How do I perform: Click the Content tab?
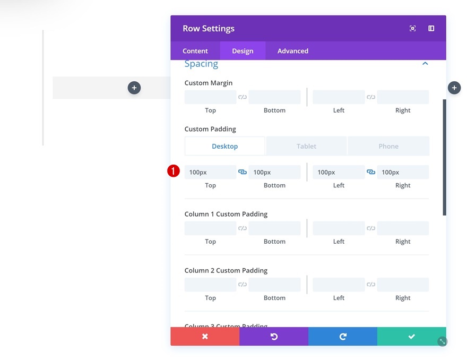[x=195, y=51]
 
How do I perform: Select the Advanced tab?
[x=292, y=51]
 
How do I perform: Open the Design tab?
[x=243, y=51]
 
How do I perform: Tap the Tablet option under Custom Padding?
[x=306, y=146]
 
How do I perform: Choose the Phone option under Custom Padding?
[x=388, y=146]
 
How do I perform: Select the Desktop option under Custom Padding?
[x=224, y=146]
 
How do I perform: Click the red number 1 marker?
[x=174, y=172]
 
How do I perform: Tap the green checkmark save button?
[x=411, y=337]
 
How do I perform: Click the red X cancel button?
[x=205, y=337]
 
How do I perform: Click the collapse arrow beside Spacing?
[x=425, y=64]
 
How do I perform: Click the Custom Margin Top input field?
[x=210, y=97]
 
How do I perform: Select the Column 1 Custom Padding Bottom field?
[x=274, y=228]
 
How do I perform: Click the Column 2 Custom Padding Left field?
[x=339, y=285]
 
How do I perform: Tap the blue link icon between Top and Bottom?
[x=243, y=172]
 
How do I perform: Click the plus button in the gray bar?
[x=134, y=88]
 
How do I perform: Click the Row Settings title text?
[x=209, y=29]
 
